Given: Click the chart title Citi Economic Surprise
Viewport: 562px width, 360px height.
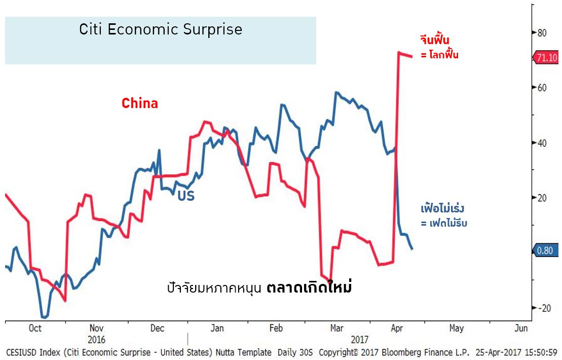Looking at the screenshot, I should [x=161, y=29].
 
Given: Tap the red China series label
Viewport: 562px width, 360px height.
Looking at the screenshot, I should [x=140, y=103].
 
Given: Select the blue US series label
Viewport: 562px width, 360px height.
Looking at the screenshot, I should [x=186, y=196].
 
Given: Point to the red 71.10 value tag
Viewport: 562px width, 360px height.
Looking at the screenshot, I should [x=546, y=58].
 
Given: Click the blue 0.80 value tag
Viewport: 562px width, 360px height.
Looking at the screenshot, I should [x=546, y=250].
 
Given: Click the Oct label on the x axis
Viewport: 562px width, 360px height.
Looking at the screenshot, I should [x=35, y=328].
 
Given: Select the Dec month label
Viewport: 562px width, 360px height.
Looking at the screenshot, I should [x=158, y=328].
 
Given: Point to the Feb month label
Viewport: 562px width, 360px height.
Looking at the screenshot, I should [x=276, y=328].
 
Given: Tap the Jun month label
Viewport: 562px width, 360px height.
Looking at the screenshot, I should [x=521, y=328].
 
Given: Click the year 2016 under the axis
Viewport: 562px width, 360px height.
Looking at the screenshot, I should [x=97, y=339].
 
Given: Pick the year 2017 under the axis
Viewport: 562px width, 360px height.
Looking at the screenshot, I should [x=359, y=339].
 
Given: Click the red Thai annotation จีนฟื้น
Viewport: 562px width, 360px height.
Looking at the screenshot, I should [x=435, y=39].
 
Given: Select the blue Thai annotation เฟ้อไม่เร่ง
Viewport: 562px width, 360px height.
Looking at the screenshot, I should [x=442, y=208].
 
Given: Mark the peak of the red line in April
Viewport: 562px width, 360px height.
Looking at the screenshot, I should [x=399, y=52].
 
